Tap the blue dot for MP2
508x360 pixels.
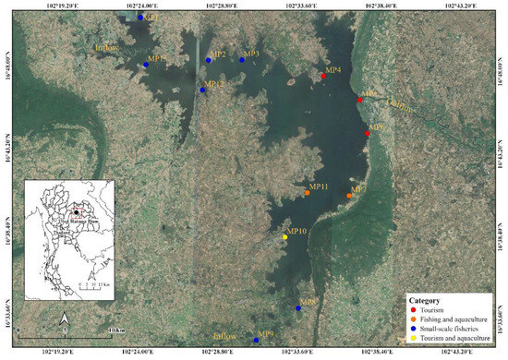[x=209, y=60]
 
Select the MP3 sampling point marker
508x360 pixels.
[x=242, y=60]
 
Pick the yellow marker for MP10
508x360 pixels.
[x=284, y=237]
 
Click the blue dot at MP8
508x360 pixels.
[x=298, y=308]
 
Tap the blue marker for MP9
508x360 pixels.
[x=256, y=341]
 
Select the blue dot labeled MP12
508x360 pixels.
[x=203, y=90]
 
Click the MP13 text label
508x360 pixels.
[x=156, y=59]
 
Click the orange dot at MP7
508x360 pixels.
[x=349, y=196]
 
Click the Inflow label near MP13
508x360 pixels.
[x=108, y=46]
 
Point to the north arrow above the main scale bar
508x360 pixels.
[x=65, y=320]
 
